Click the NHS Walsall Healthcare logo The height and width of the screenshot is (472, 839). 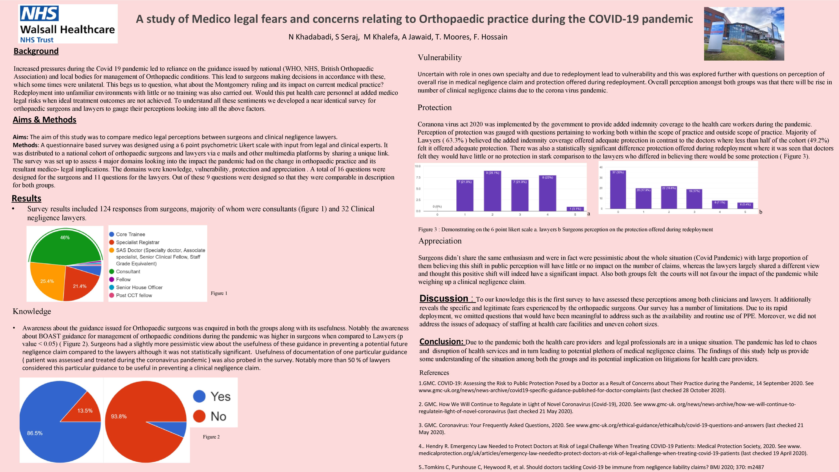(68, 24)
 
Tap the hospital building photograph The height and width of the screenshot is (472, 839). (744, 34)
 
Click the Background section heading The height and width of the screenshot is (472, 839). (36, 51)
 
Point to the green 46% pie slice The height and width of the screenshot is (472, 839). (65, 247)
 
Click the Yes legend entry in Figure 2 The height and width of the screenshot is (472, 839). (212, 396)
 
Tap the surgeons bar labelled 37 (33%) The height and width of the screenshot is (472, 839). (618, 190)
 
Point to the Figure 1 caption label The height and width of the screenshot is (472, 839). (219, 293)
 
